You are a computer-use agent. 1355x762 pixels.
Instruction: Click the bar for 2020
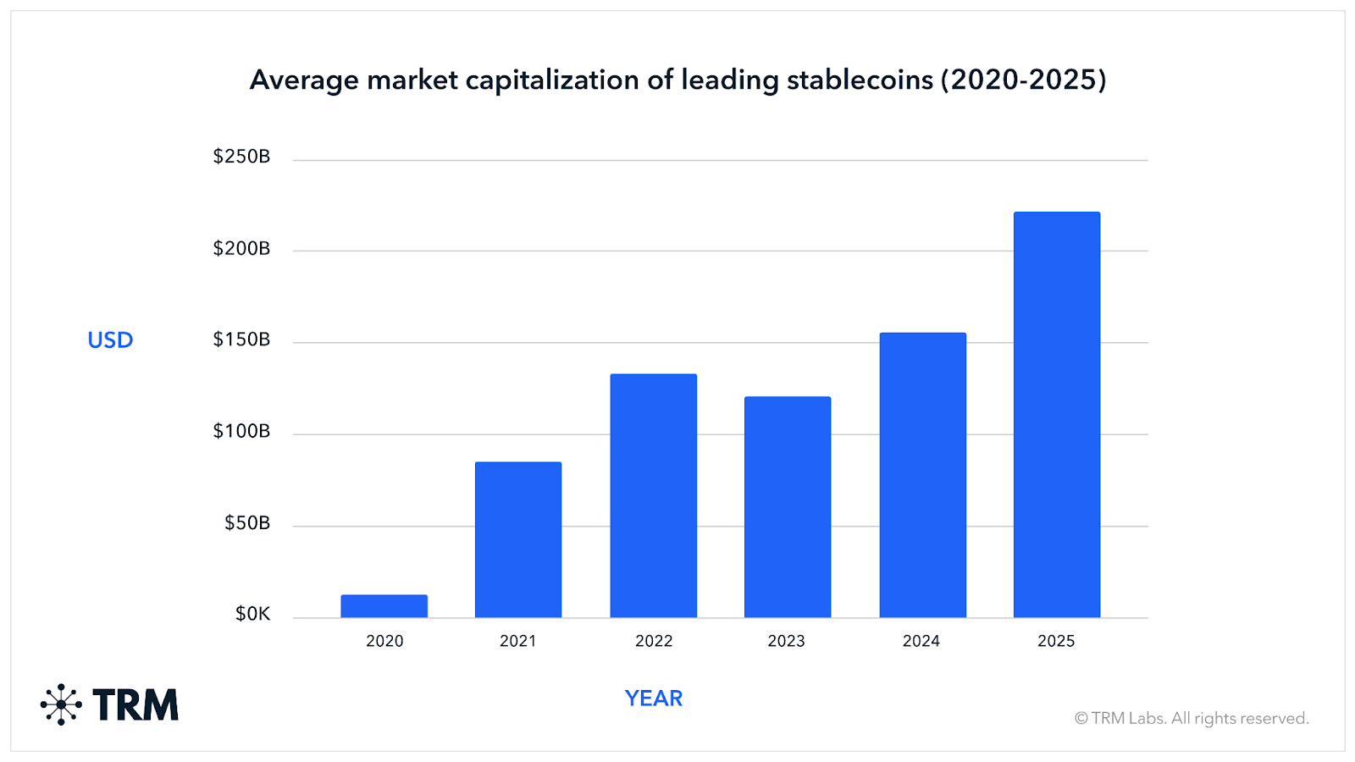[384, 606]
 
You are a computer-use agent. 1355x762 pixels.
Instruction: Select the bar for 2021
[518, 539]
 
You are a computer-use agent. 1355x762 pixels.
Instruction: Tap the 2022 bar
[654, 495]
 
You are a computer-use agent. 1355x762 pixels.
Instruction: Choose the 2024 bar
[923, 475]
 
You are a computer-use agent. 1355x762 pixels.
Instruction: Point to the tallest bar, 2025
[1057, 414]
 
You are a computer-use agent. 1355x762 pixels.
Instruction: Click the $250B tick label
[241, 157]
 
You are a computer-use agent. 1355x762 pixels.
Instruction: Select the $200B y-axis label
[241, 248]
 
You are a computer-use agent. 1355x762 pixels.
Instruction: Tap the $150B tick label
[241, 340]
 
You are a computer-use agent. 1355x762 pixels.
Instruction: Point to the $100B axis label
[241, 431]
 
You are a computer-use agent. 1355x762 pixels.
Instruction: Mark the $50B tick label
[246, 523]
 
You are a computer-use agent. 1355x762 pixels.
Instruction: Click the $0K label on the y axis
[252, 614]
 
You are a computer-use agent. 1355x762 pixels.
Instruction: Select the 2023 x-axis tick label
[786, 641]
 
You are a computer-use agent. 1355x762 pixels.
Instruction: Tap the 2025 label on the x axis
[1056, 641]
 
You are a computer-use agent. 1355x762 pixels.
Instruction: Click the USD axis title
[110, 340]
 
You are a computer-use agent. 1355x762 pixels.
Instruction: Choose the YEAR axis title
[654, 698]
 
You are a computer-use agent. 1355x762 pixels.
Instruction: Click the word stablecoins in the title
[860, 80]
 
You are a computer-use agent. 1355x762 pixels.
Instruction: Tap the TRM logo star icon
[61, 704]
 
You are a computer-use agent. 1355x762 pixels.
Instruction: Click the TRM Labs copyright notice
[1192, 718]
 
